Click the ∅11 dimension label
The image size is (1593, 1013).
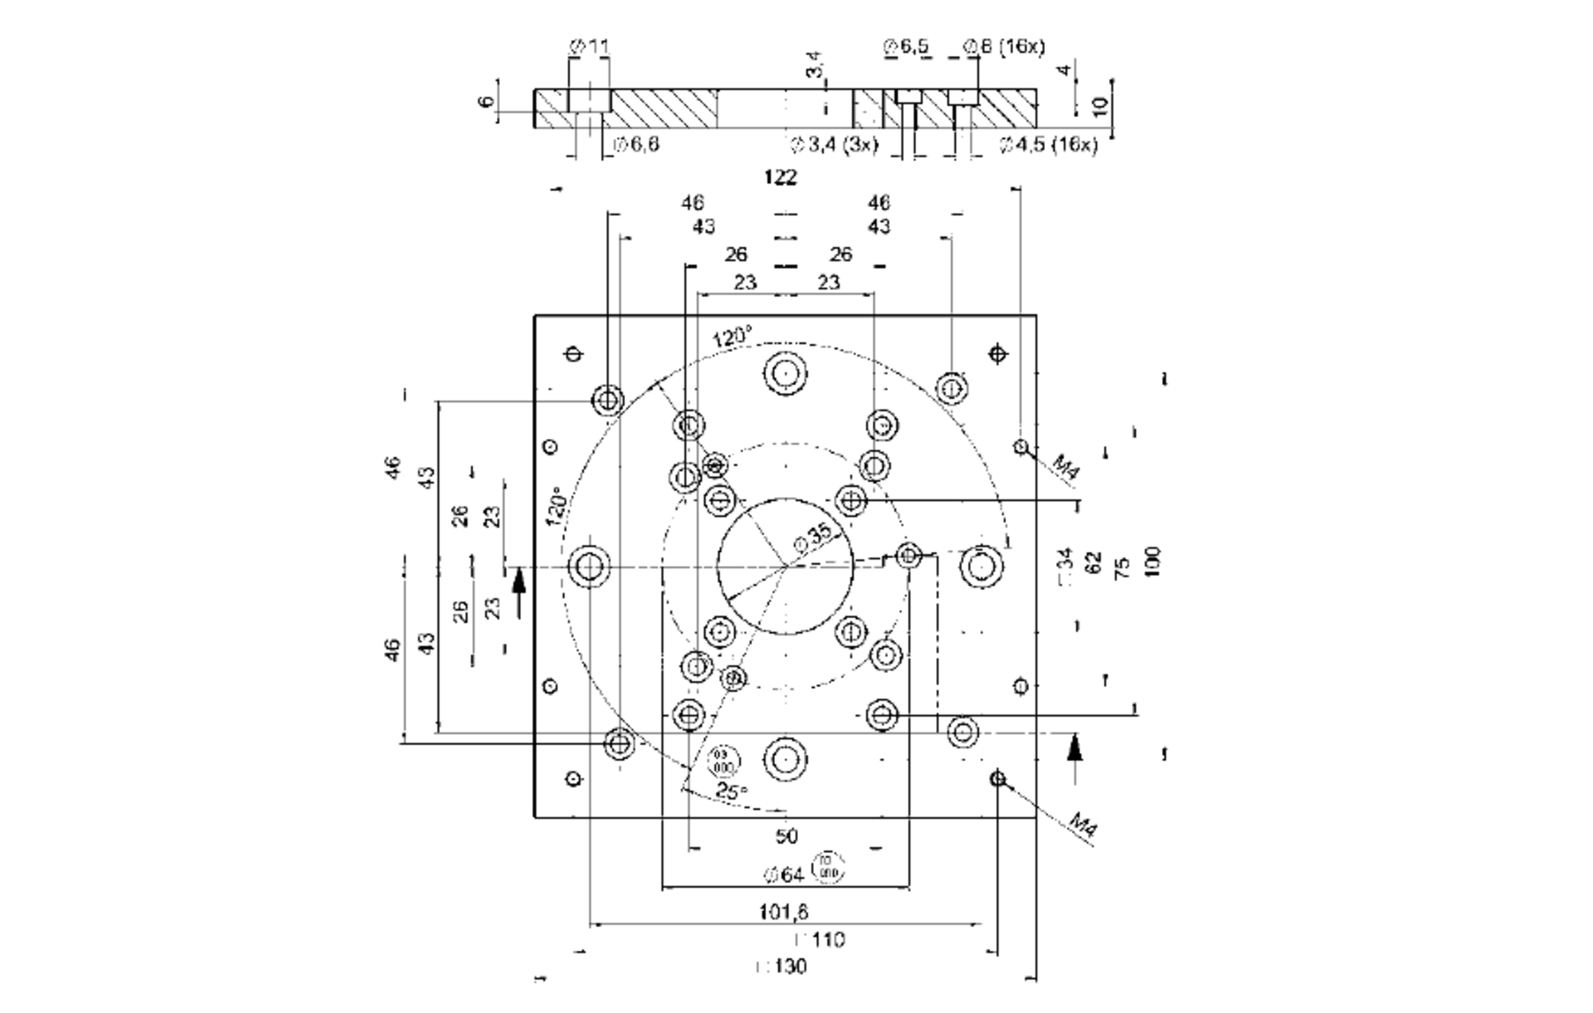[589, 47]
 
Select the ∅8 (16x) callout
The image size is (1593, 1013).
[1004, 47]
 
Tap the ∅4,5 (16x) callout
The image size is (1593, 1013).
[1048, 145]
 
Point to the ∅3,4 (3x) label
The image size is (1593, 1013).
[834, 145]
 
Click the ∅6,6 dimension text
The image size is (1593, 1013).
[636, 145]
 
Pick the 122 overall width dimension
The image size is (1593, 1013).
[780, 178]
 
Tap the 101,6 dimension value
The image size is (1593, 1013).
[784, 912]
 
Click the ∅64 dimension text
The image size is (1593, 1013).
[785, 875]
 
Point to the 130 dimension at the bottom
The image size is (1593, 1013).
[781, 967]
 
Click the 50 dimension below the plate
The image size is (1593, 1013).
[786, 836]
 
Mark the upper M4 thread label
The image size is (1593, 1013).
[1066, 467]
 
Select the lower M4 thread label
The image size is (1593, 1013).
[1084, 824]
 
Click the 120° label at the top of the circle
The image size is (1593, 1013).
[731, 337]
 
